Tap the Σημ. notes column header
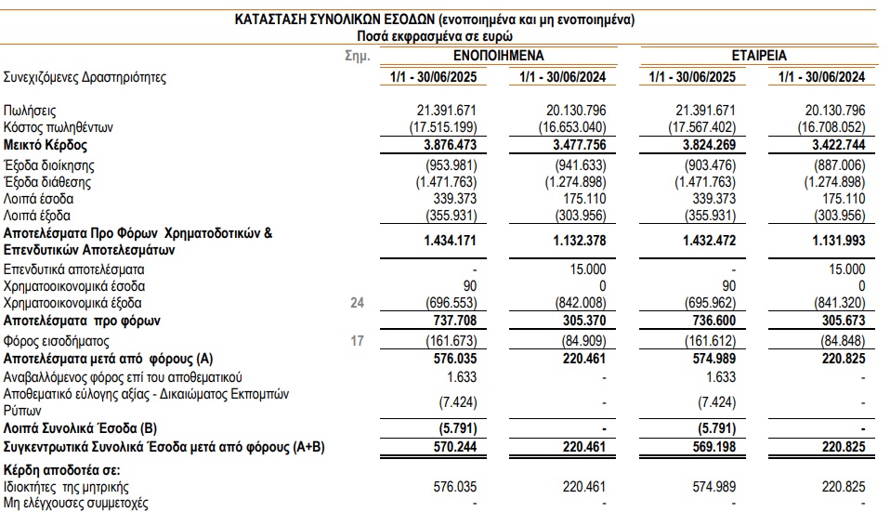pos(358,56)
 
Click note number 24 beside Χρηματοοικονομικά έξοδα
pos(356,303)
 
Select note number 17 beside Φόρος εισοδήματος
pos(356,340)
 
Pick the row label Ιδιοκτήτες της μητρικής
pos(66,485)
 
